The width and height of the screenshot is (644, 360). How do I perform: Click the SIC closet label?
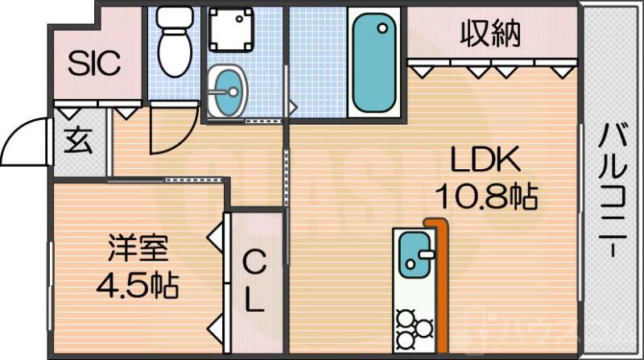coord(93,62)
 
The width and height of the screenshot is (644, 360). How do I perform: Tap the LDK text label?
coord(485,161)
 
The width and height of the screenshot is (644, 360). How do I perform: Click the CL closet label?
coord(254,280)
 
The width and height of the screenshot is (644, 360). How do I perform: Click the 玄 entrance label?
coord(78,143)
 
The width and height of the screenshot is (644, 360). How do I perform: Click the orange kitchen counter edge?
coord(440,282)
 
